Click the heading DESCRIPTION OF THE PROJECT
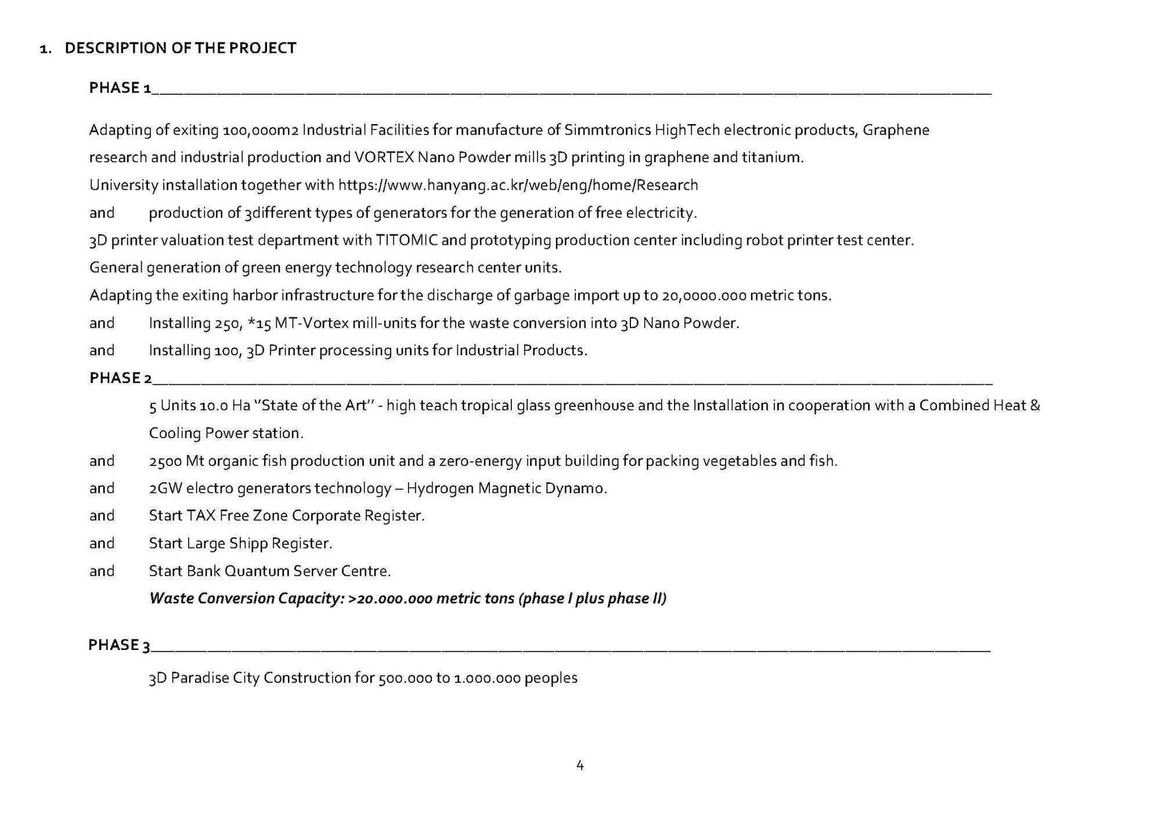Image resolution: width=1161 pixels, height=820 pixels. [x=180, y=48]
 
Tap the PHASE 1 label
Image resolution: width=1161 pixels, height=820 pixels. [x=120, y=88]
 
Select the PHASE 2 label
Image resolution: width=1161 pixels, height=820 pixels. [x=120, y=378]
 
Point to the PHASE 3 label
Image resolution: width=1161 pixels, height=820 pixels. [x=119, y=645]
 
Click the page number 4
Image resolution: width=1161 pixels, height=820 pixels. [x=580, y=765]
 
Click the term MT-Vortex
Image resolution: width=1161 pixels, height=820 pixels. [x=311, y=323]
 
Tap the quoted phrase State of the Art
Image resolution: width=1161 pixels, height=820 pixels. [x=314, y=406]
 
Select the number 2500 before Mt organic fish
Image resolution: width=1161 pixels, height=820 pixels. [x=165, y=461]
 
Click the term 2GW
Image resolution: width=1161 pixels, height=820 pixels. [x=165, y=489]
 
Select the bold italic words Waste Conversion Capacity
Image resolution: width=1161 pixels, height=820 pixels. [x=246, y=598]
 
